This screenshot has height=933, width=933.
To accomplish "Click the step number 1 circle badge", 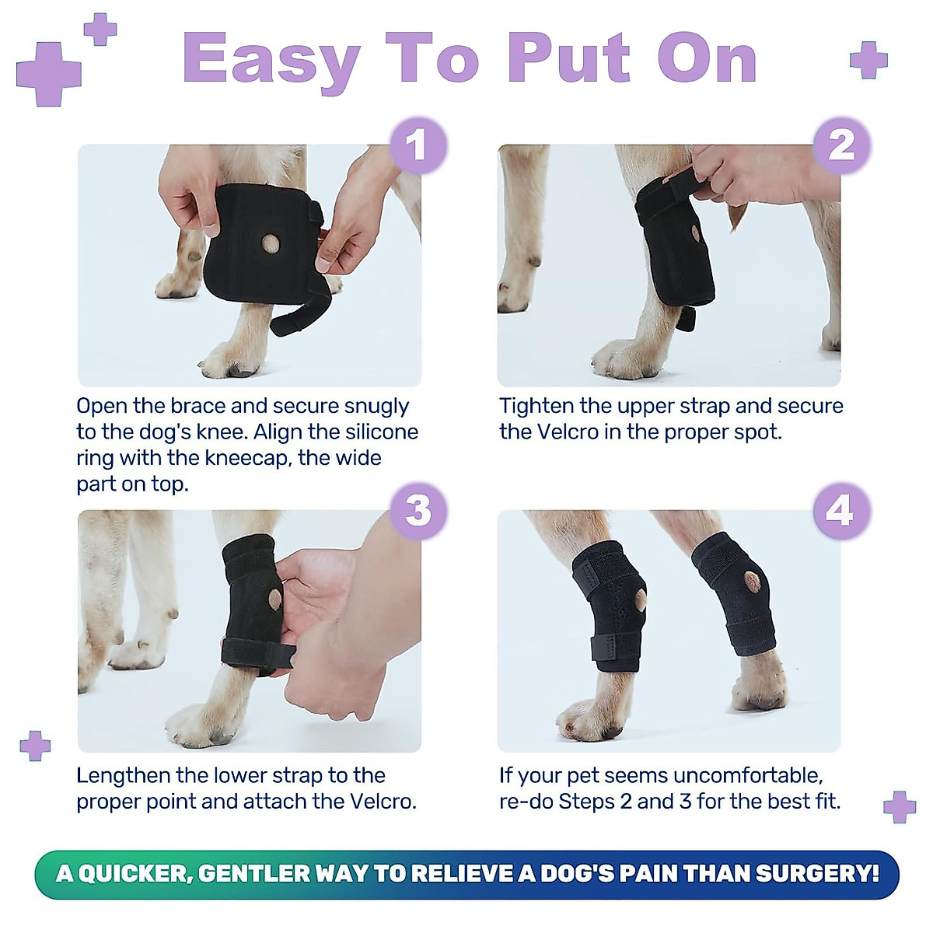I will [x=418, y=145].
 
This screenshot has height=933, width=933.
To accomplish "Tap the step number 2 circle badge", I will [x=841, y=145].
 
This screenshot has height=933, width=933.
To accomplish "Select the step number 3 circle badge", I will [x=418, y=511].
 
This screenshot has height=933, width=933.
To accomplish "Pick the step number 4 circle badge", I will [x=840, y=511].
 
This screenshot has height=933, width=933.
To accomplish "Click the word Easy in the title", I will [x=271, y=61].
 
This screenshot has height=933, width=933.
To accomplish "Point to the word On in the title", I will [x=707, y=59].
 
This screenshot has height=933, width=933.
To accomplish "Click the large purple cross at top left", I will [x=48, y=73].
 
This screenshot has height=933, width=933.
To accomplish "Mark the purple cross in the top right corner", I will [x=868, y=60].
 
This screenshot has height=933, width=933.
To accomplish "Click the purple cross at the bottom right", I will [x=900, y=806].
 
